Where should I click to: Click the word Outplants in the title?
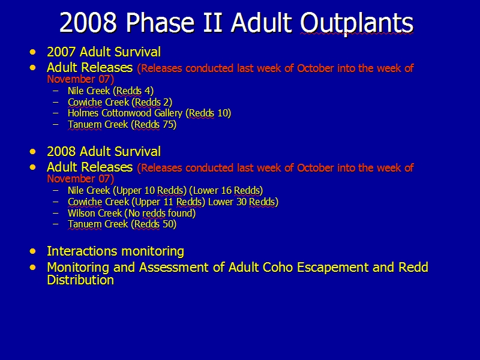point(356,23)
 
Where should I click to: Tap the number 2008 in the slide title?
point(88,22)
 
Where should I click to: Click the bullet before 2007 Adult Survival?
point(33,52)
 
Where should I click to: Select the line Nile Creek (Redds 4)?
point(110,91)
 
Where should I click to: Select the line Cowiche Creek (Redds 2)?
point(120,102)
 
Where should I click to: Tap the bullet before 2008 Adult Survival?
point(33,152)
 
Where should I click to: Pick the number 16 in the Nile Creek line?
point(226,190)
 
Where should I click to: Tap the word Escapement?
point(332,268)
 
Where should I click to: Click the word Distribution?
point(80,280)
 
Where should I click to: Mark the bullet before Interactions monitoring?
point(33,251)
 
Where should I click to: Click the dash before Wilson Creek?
point(55,213)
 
